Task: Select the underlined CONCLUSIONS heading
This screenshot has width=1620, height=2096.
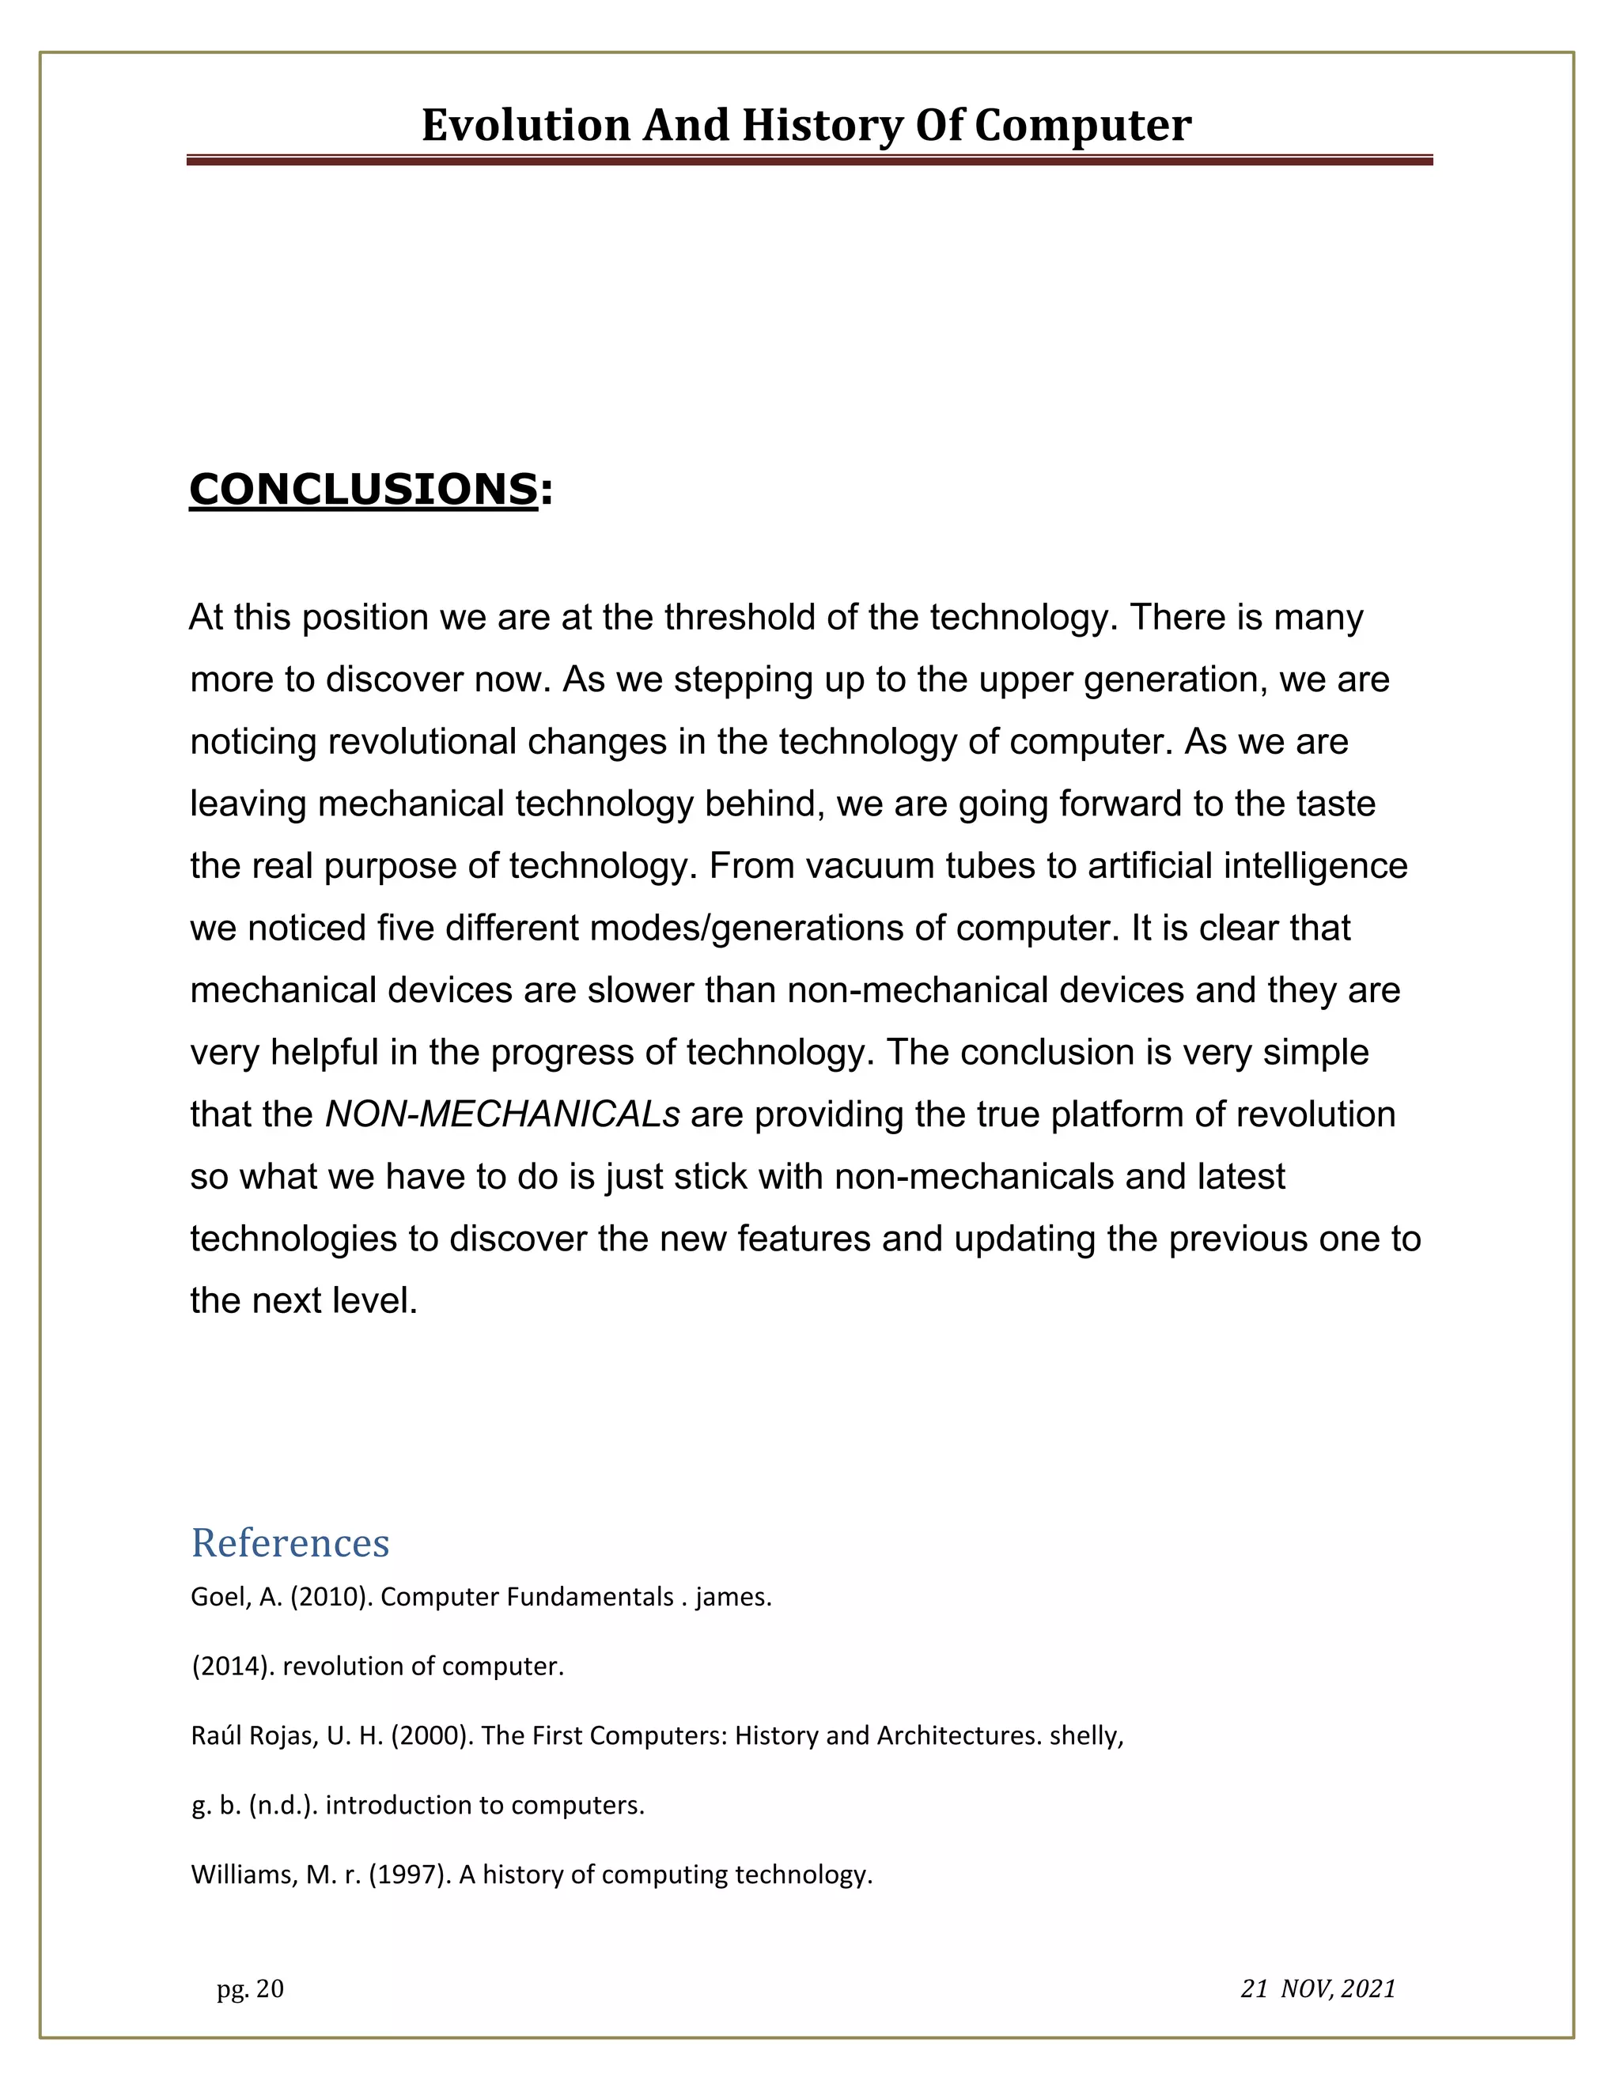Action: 363,489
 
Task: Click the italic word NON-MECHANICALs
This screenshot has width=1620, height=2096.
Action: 502,1115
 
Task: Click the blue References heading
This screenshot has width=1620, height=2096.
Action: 290,1544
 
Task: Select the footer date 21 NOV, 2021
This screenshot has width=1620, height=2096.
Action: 1318,1989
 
